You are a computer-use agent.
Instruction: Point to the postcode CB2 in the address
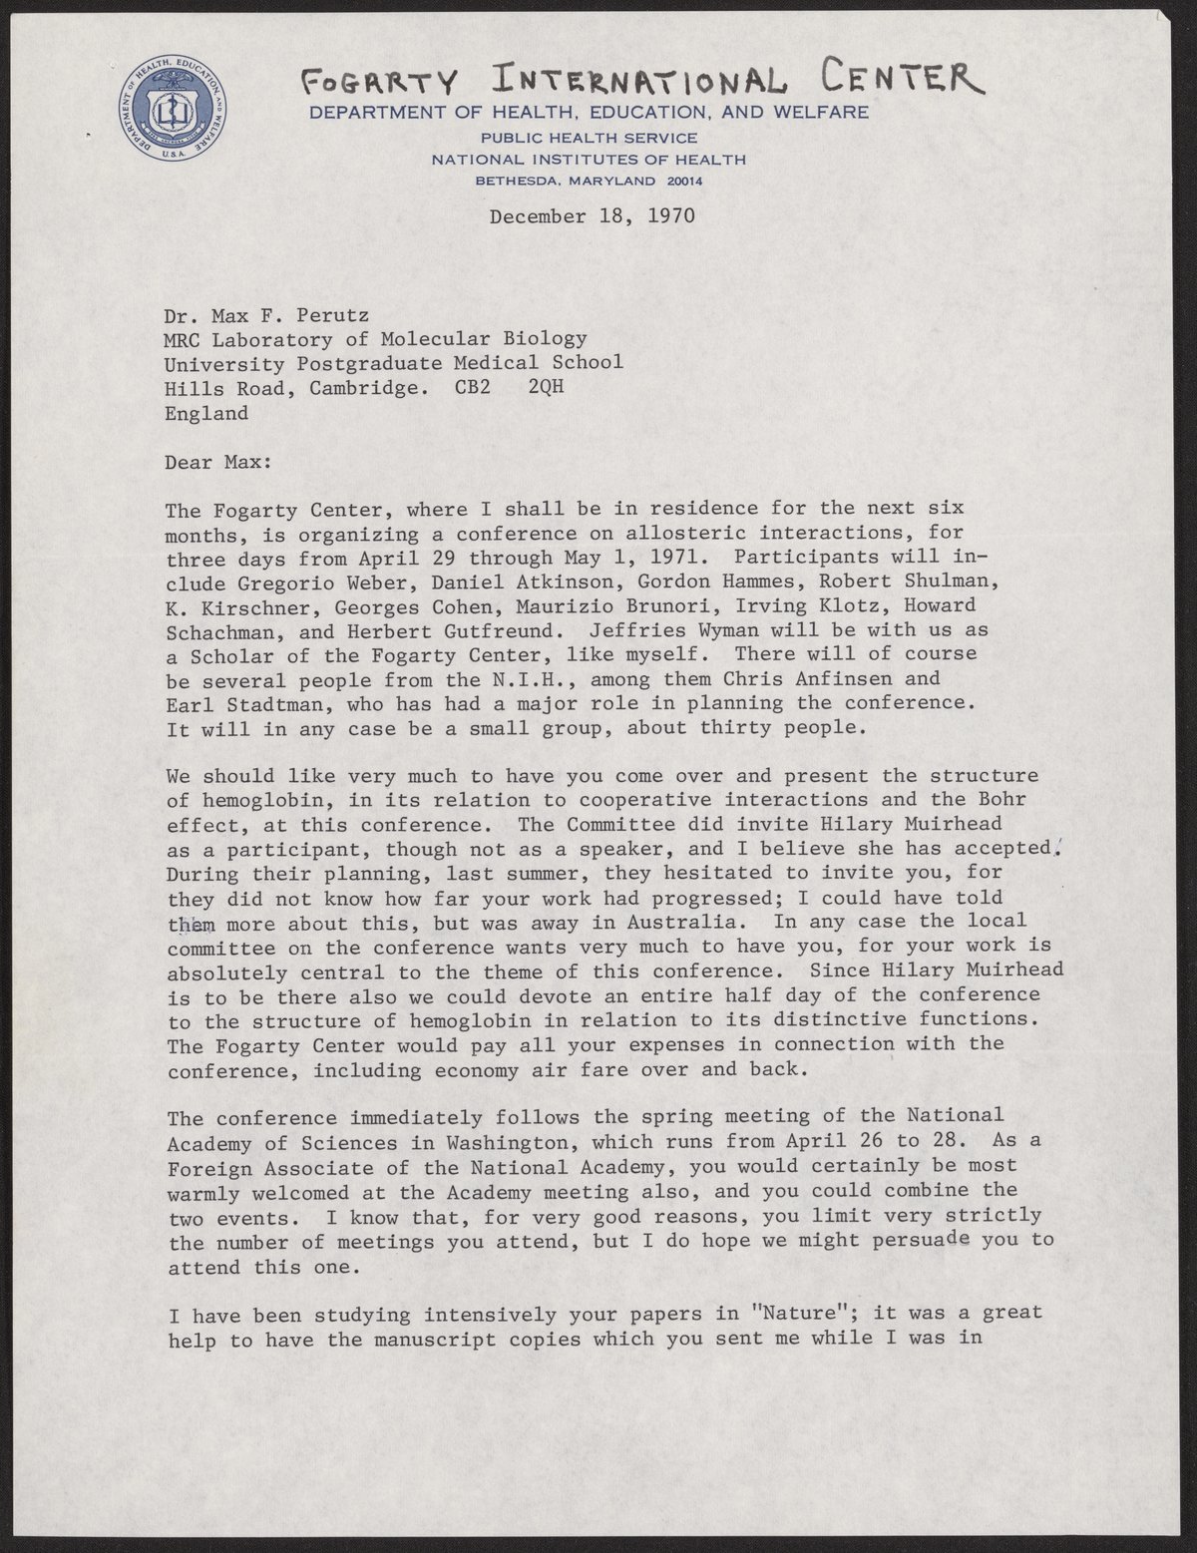pos(474,387)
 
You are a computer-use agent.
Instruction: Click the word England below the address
pos(207,412)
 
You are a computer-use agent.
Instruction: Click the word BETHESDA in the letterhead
pos(515,181)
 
